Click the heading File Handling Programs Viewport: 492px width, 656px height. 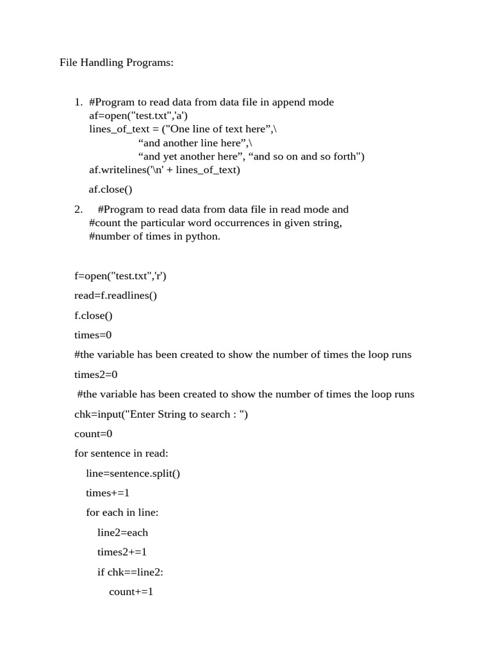coord(117,63)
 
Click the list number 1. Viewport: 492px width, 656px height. coord(78,102)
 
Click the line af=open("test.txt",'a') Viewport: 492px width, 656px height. coord(138,116)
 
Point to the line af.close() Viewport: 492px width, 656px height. coord(110,189)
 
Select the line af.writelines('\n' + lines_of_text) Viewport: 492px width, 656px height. coord(165,170)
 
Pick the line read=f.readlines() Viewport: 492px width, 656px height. coord(115,295)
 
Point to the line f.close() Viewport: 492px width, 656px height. coord(94,315)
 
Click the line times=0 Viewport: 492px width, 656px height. coord(94,335)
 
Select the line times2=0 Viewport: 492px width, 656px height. coord(96,374)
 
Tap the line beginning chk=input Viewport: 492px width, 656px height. coord(161,414)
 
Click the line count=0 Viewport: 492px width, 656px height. coord(94,434)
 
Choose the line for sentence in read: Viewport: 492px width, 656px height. coord(121,454)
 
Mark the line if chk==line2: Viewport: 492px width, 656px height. coord(130,572)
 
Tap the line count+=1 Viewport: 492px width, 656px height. coord(131,592)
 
